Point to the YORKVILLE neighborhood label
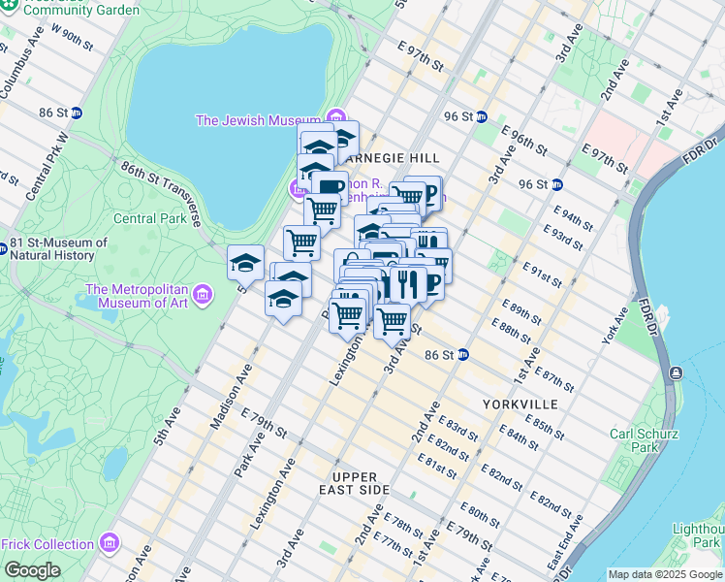[520, 403]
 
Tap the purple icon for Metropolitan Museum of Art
[202, 293]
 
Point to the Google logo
[32, 570]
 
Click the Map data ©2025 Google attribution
[664, 574]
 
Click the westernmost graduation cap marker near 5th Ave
[246, 264]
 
